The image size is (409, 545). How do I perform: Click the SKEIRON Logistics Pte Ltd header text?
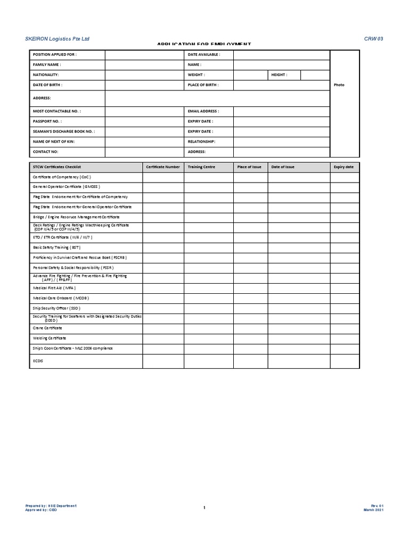click(x=58, y=39)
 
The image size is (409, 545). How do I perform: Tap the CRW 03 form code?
click(x=373, y=39)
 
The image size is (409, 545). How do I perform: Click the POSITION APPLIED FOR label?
click(x=54, y=55)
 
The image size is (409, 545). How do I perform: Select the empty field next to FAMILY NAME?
click(x=144, y=64)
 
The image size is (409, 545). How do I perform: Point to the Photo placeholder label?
click(x=339, y=85)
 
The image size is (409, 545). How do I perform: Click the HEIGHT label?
click(x=279, y=75)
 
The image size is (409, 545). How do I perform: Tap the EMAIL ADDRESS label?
click(x=203, y=111)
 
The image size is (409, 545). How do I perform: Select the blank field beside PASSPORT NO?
click(x=144, y=121)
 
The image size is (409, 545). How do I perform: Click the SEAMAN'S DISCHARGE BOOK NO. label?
click(x=64, y=131)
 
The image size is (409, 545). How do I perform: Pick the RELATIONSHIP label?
click(x=201, y=142)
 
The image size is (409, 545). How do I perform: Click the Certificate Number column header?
click(x=163, y=167)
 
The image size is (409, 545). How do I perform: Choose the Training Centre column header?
click(x=201, y=167)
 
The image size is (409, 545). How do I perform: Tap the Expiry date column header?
click(x=343, y=167)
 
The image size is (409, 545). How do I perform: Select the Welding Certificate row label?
click(x=50, y=338)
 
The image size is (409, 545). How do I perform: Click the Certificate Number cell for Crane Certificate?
click(x=163, y=328)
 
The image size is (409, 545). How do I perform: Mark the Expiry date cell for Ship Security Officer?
click(x=345, y=308)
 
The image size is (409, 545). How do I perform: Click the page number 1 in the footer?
click(x=204, y=508)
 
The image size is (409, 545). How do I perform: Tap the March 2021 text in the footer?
click(x=373, y=510)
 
